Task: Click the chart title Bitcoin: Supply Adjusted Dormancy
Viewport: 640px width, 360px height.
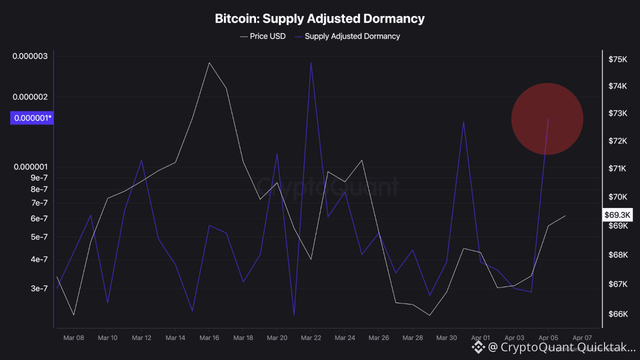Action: point(319,19)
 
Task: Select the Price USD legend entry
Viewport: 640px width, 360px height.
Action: point(263,36)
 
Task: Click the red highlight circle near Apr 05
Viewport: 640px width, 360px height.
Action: point(547,119)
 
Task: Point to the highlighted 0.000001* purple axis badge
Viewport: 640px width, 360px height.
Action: point(32,118)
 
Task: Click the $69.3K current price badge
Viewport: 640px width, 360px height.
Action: point(618,215)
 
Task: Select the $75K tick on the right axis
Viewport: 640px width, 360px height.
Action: point(617,59)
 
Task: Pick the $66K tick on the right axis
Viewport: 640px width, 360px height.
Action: point(617,314)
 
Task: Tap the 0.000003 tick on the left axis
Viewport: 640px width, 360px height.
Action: point(30,56)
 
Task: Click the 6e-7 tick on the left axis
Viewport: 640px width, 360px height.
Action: point(38,218)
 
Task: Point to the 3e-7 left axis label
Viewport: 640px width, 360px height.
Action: point(38,288)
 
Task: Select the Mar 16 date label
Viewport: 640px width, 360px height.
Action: point(209,338)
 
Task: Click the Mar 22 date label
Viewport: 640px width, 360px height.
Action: point(311,338)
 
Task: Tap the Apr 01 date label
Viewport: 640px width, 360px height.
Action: point(480,338)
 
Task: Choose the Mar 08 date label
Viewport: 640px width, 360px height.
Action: point(73,338)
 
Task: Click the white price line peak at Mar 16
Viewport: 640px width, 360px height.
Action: point(209,62)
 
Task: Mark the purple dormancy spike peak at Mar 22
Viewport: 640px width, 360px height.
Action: point(311,62)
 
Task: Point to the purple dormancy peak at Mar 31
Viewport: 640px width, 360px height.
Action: point(464,121)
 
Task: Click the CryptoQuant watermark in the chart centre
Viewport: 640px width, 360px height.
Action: point(329,187)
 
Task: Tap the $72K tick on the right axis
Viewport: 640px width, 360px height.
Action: point(617,141)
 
